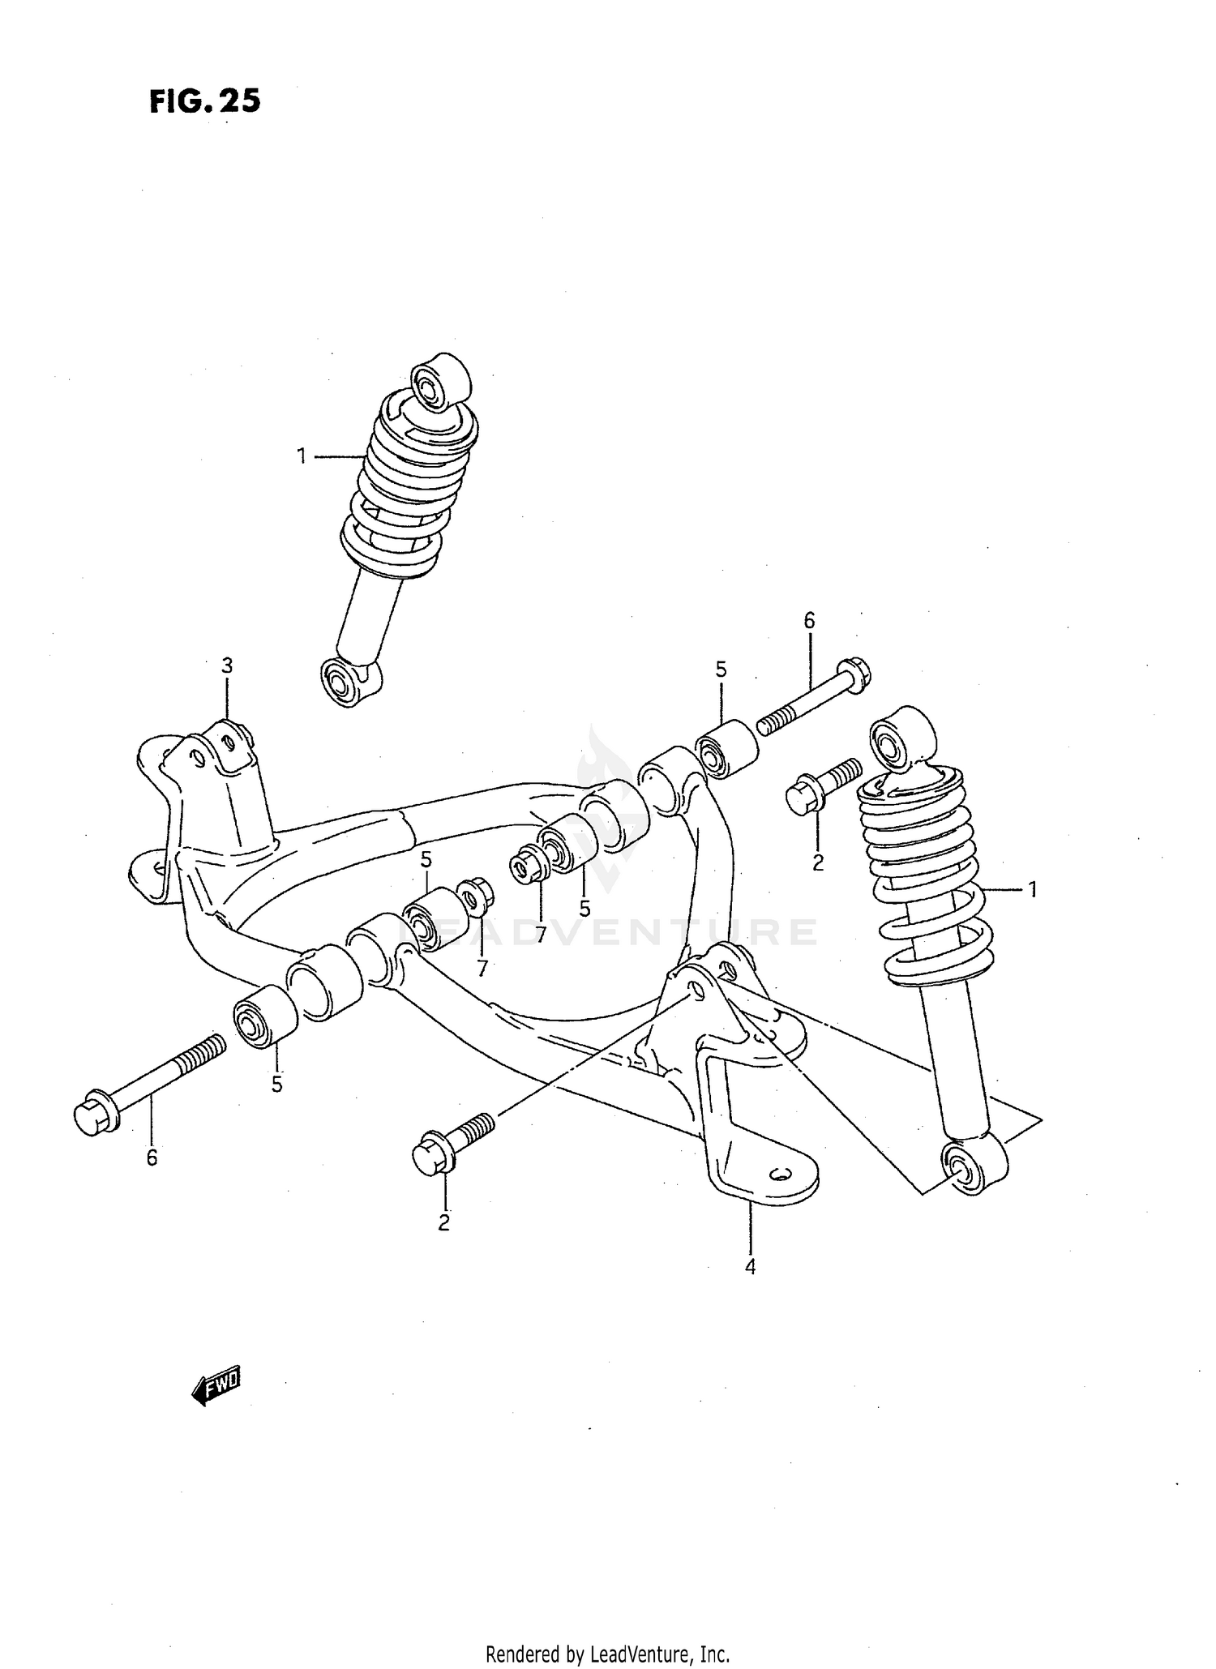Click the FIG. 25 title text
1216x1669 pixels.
pos(204,101)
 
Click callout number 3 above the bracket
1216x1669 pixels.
pos(227,665)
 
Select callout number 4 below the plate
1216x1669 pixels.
pos(750,1266)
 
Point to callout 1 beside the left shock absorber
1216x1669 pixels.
pos(302,457)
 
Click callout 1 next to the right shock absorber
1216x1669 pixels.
pos(1032,890)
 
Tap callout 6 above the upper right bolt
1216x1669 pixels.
pos(809,621)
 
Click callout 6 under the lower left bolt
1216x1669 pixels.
pos(152,1158)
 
